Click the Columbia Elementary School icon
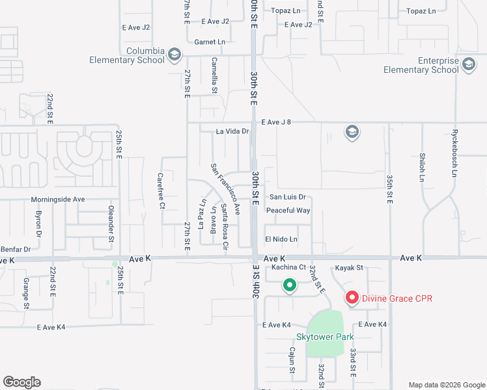click(x=174, y=55)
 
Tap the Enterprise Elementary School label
click(x=421, y=65)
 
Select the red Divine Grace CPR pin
click(x=352, y=298)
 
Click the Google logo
click(x=21, y=382)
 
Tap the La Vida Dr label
click(x=232, y=131)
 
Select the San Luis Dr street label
click(x=287, y=197)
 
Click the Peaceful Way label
click(x=288, y=211)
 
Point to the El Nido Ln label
click(x=281, y=239)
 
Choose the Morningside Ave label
click(x=58, y=200)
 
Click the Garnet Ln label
click(x=210, y=42)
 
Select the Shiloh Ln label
click(x=422, y=166)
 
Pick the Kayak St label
click(x=349, y=268)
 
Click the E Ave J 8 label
click(x=281, y=122)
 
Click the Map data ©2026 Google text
click(x=446, y=384)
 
